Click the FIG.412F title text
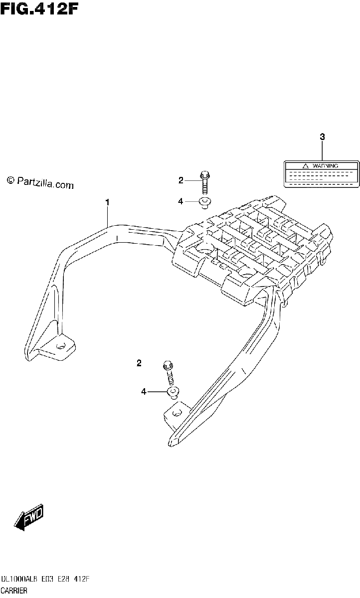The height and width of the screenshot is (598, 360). point(39,10)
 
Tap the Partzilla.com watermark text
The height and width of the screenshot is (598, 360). point(40,183)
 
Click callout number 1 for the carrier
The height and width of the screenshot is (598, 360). point(107,202)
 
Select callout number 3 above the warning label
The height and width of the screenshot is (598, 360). point(322,137)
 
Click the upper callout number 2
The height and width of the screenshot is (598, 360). point(181,181)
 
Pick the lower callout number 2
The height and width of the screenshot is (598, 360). point(139,363)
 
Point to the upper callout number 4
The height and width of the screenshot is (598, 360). point(180,201)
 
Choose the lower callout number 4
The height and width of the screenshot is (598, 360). point(144,392)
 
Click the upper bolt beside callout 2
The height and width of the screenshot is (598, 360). point(205,182)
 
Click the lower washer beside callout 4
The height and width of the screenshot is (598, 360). point(173,393)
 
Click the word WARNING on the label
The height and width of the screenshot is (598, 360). point(325,166)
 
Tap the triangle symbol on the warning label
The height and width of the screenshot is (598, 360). point(306,166)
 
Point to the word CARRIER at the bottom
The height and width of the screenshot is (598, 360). point(14,591)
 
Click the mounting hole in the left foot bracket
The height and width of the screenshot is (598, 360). point(61,346)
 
